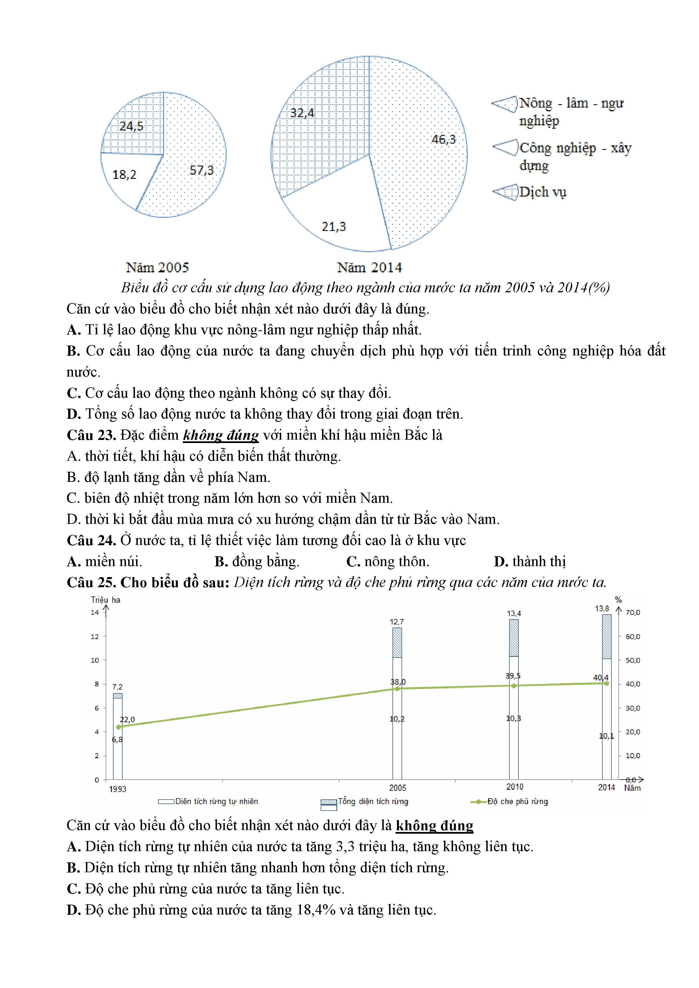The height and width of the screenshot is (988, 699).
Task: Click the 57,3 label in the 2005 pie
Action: [x=201, y=170]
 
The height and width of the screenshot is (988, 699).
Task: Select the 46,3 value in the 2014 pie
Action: [x=443, y=139]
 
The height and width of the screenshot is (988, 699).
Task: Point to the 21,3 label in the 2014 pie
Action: [x=334, y=227]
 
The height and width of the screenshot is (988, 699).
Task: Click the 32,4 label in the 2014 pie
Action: [x=302, y=113]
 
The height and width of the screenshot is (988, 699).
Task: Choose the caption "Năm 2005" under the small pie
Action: [x=157, y=268]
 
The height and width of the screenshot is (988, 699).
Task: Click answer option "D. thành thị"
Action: [x=529, y=562]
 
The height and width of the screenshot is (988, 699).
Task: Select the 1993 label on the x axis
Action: [x=117, y=789]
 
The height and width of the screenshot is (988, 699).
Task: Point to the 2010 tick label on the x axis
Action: [x=514, y=787]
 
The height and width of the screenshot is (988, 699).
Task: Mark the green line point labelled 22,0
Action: [x=119, y=727]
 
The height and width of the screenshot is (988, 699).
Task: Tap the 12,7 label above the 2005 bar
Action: [x=396, y=622]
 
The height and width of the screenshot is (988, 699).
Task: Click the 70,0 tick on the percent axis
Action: [x=632, y=612]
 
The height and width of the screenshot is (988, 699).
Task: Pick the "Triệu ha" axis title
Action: [x=105, y=600]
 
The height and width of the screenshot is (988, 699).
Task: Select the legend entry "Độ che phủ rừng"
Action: [x=517, y=801]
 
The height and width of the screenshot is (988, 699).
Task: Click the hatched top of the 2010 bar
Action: [x=514, y=638]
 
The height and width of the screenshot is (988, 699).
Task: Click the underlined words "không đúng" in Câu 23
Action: [x=221, y=435]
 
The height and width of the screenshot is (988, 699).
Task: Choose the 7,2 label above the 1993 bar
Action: [x=117, y=687]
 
